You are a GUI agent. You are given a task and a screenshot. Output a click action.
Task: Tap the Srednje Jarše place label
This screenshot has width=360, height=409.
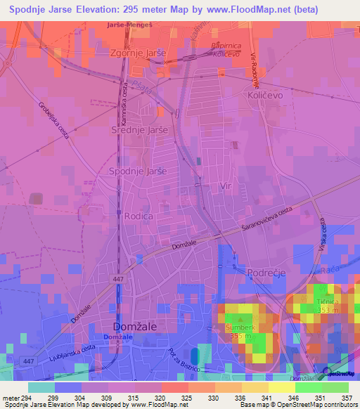140,130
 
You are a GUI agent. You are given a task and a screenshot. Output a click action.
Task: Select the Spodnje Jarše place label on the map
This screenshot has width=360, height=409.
139,171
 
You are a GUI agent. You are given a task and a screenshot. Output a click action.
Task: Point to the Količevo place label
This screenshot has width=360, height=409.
265,93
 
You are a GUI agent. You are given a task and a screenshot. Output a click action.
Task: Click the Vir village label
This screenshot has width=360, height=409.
226,185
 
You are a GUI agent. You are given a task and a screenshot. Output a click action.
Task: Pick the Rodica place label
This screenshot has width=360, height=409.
139,216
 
